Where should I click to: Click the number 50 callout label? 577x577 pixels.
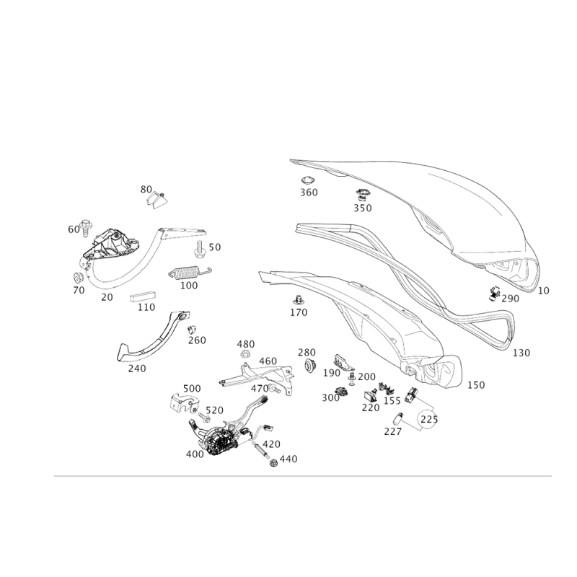[x=146, y=189]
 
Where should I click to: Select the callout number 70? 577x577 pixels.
[x=107, y=296]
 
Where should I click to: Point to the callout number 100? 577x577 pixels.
[x=190, y=286]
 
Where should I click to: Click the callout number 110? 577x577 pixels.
[x=146, y=308]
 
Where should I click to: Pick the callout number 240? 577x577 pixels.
[x=136, y=368]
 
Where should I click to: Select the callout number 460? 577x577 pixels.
[x=268, y=360]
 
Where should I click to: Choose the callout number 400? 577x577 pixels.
[x=195, y=454]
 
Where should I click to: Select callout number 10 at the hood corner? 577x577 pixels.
[x=542, y=290]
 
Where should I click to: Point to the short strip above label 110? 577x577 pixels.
[x=143, y=298]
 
